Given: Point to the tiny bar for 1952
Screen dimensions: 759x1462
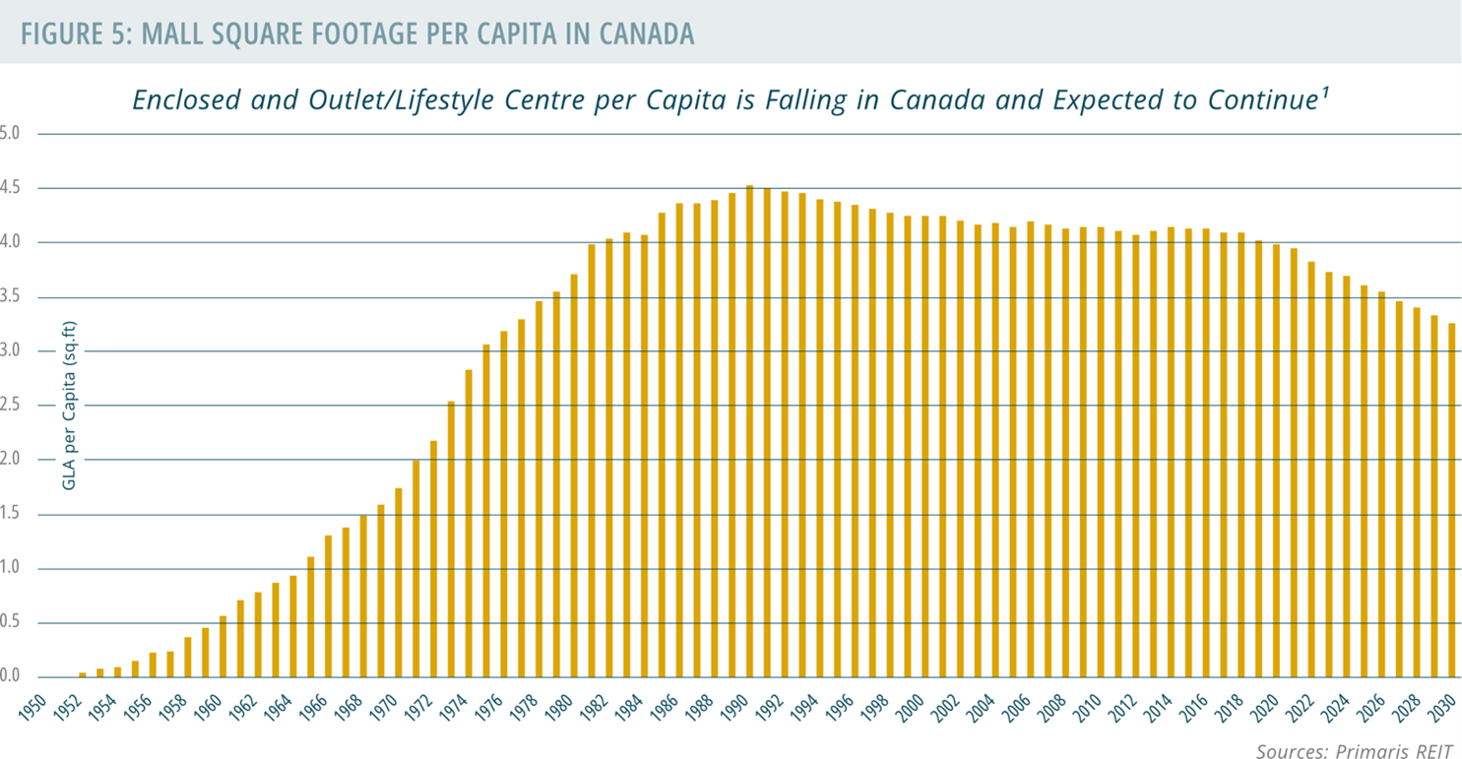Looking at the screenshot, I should click(x=83, y=674).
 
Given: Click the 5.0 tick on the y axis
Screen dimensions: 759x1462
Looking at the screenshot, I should click(x=11, y=133).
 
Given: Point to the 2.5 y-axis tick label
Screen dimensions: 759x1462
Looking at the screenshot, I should click(x=11, y=406).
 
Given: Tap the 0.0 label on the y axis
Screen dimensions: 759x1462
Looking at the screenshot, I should click(x=11, y=677).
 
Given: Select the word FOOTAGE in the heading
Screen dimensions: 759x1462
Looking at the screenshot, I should click(x=366, y=33).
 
